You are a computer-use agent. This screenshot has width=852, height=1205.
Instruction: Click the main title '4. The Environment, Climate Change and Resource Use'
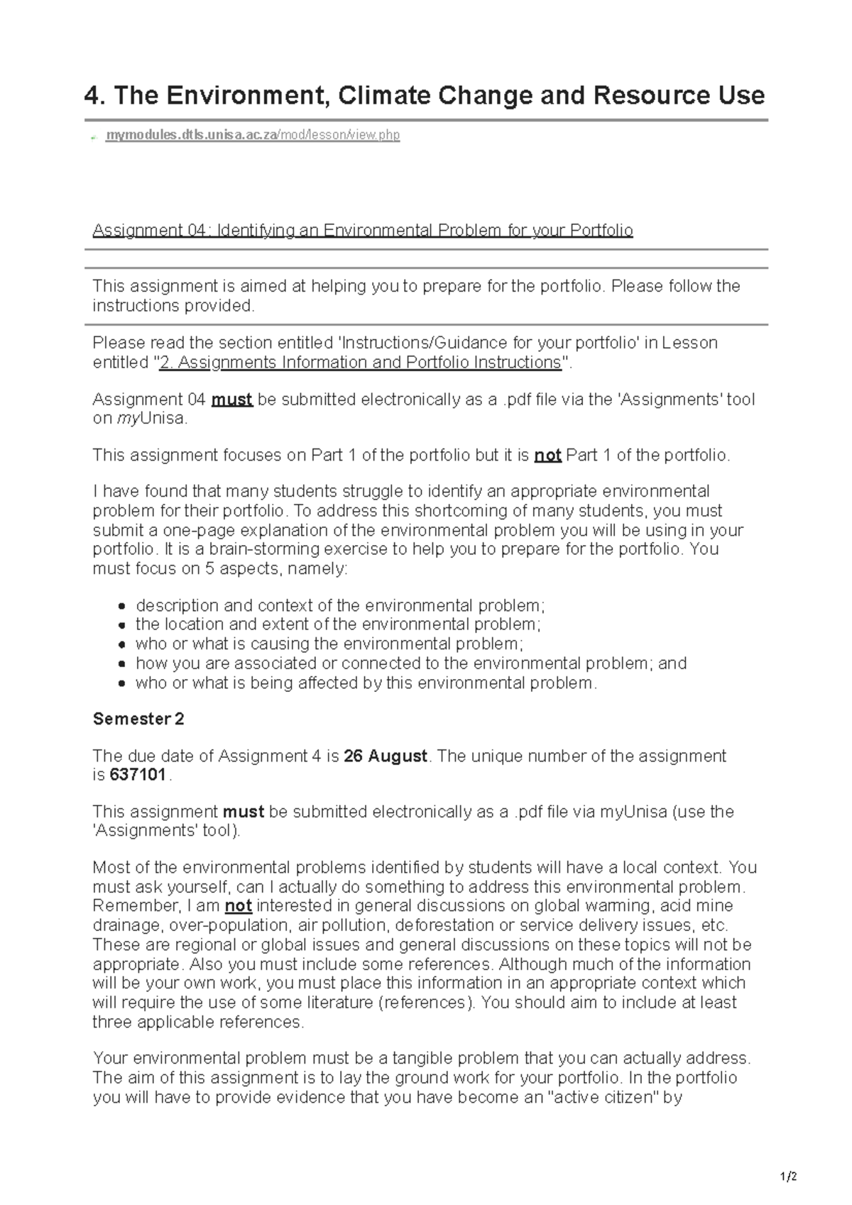pos(425,95)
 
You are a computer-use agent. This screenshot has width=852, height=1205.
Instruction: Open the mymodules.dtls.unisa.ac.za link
pos(252,135)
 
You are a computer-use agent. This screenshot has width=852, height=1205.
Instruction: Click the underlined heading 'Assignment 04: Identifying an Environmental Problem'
pos(362,231)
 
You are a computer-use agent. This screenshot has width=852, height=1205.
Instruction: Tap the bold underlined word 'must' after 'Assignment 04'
pos(232,400)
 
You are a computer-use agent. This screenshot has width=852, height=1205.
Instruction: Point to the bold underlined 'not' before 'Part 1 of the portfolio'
pos(547,456)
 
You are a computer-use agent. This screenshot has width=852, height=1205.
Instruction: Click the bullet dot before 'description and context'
pos(122,607)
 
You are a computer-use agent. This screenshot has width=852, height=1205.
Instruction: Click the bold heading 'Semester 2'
pos(138,719)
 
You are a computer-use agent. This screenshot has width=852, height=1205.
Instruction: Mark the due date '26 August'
pos(386,756)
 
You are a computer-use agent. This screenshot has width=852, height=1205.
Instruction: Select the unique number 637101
pos(138,776)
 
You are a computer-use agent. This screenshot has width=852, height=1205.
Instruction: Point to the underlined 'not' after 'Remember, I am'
pos(239,906)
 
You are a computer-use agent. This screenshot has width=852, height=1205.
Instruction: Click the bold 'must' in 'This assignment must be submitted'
pos(244,812)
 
